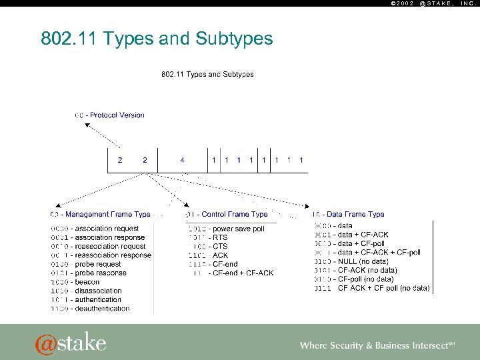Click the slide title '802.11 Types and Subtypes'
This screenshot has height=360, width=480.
tap(157, 39)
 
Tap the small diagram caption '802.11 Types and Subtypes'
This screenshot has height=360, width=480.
tap(208, 75)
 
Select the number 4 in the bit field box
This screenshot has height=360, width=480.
tap(182, 160)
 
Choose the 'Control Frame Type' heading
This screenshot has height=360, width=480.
tap(229, 215)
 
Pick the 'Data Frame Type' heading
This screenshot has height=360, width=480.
tap(352, 215)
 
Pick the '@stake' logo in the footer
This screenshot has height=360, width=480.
tap(71, 342)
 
